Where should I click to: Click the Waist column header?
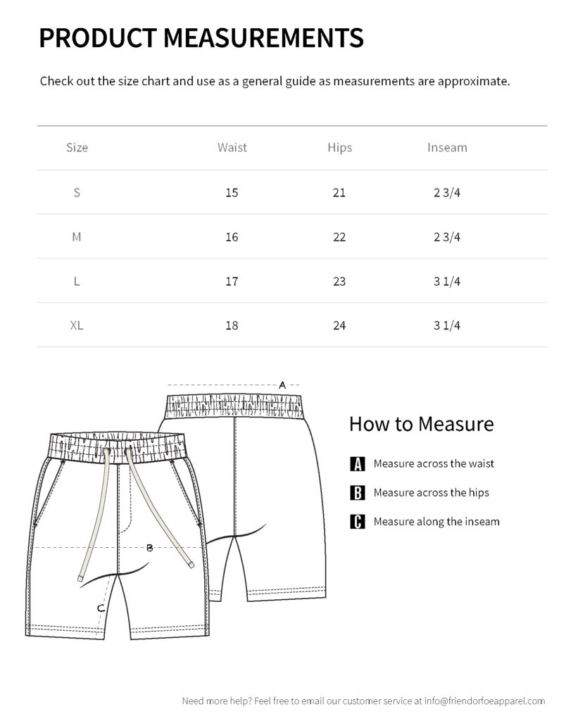[232, 148]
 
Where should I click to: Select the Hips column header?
[339, 148]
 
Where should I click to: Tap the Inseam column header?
[447, 148]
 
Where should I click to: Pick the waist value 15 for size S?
[232, 193]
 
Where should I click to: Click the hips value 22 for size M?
[339, 237]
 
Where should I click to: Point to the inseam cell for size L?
[447, 282]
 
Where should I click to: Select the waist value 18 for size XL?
[232, 325]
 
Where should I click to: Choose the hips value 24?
[339, 325]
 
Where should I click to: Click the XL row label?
[77, 325]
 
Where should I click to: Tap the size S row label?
[77, 193]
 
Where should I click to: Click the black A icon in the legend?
[358, 464]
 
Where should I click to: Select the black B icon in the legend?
[358, 493]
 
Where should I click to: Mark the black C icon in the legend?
[358, 522]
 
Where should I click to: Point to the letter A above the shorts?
[282, 385]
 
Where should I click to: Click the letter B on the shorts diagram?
[149, 548]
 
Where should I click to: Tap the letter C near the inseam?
[101, 608]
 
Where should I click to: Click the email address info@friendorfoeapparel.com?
[484, 701]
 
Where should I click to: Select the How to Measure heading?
[421, 424]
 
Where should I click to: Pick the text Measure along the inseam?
[436, 522]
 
